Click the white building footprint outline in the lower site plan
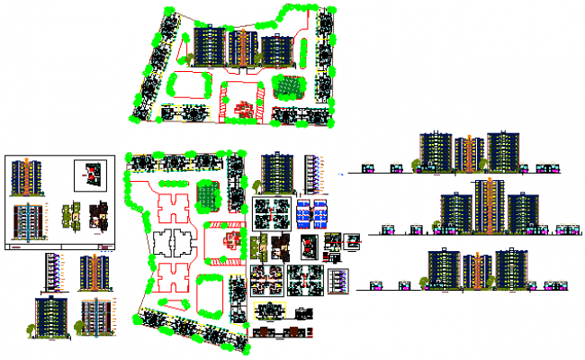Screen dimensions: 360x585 [x=172, y=242]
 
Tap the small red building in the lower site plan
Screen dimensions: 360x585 [x=233, y=239]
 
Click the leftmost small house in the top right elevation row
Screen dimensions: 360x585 [x=368, y=167]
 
